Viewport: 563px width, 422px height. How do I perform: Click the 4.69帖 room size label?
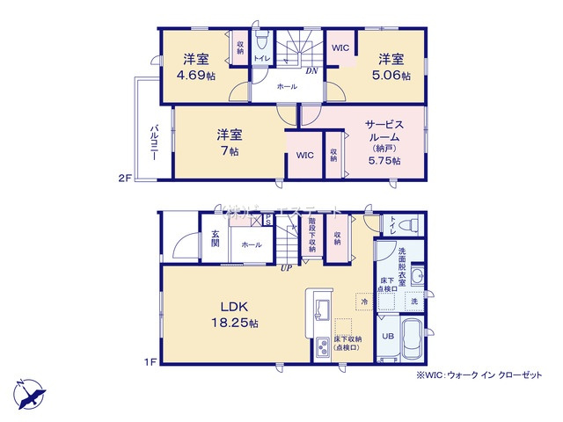(195, 76)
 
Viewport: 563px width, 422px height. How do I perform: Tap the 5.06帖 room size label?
(392, 76)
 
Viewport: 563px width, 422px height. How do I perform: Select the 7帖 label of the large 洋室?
(230, 151)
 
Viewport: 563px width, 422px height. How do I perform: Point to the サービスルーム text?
(384, 132)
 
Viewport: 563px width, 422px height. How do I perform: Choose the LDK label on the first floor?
(236, 307)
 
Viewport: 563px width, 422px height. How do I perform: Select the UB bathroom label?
(388, 335)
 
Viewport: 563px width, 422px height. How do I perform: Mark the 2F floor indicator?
(125, 178)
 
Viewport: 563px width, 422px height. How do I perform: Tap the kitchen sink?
(319, 309)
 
